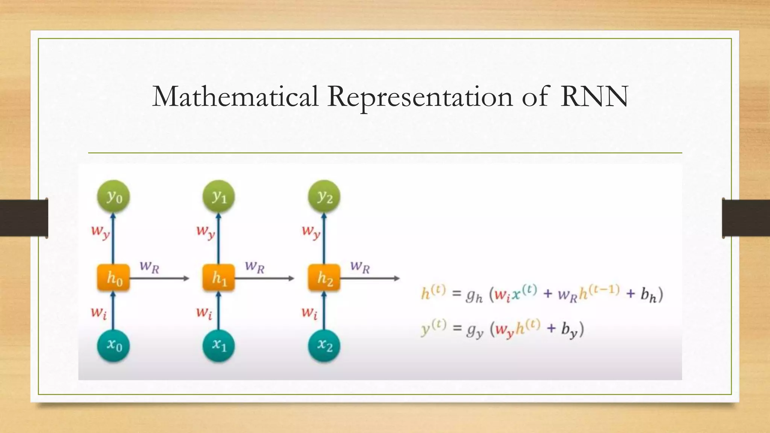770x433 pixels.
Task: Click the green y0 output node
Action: (113, 197)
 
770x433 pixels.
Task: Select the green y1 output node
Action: (218, 197)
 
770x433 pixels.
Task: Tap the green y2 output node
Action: (324, 197)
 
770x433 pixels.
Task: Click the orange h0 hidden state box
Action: (113, 278)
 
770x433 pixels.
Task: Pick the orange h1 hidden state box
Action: (218, 278)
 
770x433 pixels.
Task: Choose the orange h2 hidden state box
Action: (324, 278)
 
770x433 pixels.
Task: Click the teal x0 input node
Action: (113, 345)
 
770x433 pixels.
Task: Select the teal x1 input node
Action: (218, 345)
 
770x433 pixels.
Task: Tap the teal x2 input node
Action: (324, 345)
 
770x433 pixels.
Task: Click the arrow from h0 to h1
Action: (160, 279)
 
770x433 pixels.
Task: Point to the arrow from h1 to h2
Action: (265, 279)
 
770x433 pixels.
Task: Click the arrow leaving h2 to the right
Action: (370, 279)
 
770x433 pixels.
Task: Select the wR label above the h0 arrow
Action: (150, 267)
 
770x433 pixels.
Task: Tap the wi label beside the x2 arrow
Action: (309, 313)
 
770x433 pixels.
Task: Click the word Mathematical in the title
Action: (235, 97)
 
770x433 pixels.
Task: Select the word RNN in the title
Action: (594, 97)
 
